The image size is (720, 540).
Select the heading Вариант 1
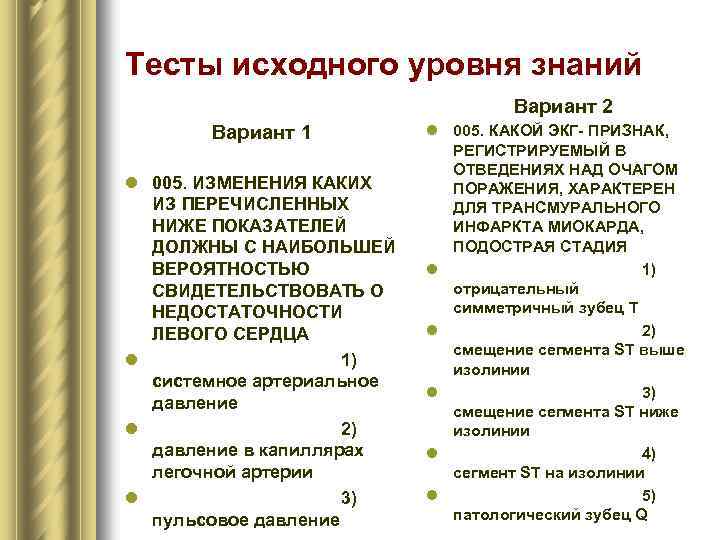[x=261, y=132]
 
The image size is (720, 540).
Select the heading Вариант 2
[x=563, y=105]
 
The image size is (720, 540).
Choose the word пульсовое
[x=193, y=520]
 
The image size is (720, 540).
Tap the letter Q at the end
[x=641, y=516]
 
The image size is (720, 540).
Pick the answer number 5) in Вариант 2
[x=648, y=495]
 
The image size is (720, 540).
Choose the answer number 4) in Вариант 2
[x=648, y=454]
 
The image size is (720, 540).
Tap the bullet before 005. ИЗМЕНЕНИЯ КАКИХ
[x=131, y=184]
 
